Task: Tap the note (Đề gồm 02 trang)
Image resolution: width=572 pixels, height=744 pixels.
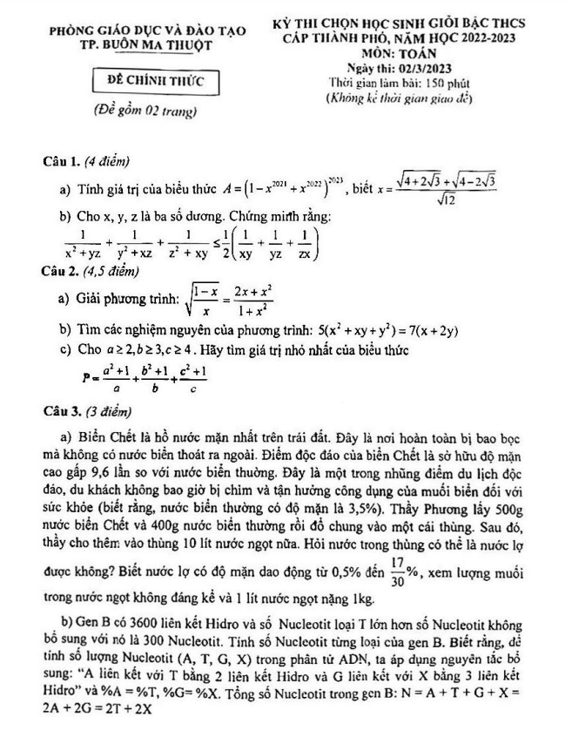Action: point(145,112)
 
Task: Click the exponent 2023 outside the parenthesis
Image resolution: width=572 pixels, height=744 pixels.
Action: point(335,180)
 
